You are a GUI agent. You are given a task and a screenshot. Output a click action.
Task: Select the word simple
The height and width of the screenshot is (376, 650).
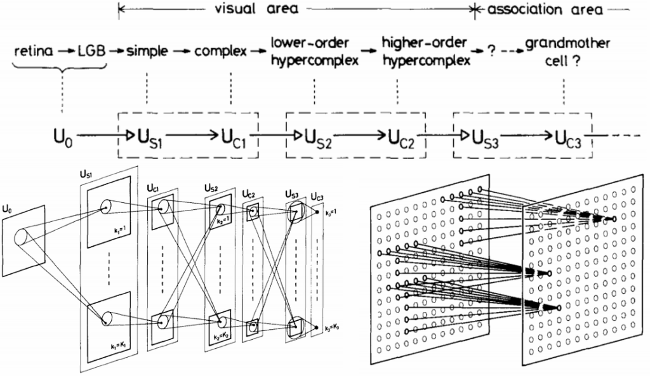(x=148, y=51)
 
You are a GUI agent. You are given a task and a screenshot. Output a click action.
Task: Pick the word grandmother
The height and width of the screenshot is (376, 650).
(x=567, y=44)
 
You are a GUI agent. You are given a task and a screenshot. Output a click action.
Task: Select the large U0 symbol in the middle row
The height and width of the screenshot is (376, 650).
(x=63, y=136)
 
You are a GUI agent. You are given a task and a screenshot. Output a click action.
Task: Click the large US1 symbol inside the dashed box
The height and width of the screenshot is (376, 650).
(x=149, y=136)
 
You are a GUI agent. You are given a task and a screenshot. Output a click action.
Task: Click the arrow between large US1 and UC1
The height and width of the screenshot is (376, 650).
(x=190, y=135)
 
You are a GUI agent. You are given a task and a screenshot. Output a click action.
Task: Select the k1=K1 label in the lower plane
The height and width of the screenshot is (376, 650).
(x=118, y=347)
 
